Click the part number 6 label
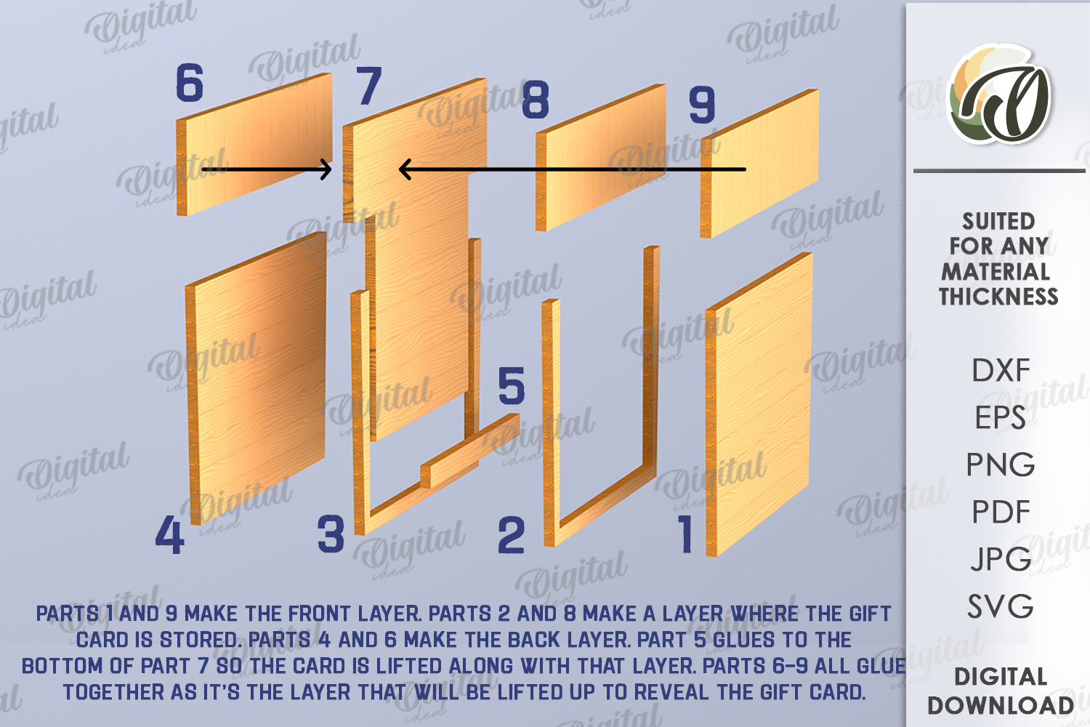coord(189,83)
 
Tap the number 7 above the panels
coord(369,85)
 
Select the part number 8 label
coord(536,100)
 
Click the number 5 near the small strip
coord(512,385)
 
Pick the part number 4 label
coord(169,534)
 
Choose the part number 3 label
coord(331,534)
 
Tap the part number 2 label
coord(512,536)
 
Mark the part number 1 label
coord(686,534)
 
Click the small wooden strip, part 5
coord(470,451)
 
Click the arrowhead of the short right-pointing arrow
coord(327,169)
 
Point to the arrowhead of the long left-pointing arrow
coord(404,169)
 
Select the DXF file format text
coord(1001,371)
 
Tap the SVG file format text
coord(1001,606)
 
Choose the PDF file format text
coord(1001,512)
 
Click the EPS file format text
coord(1000,417)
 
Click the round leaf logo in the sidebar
coord(998,95)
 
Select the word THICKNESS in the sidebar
coord(998,297)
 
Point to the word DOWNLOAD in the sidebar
coord(1001,706)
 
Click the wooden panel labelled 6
coord(254,144)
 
